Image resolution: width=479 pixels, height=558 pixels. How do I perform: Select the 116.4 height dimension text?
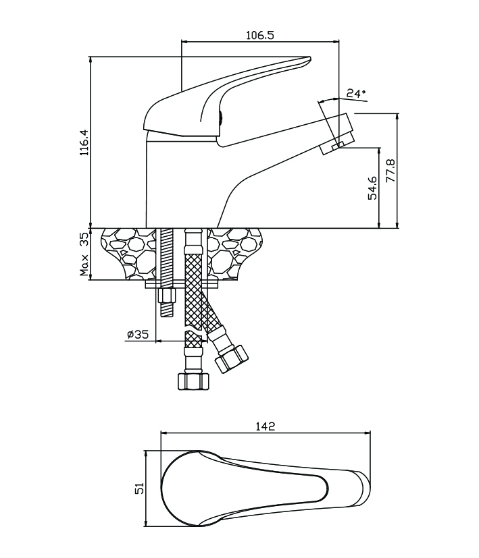point(84,143)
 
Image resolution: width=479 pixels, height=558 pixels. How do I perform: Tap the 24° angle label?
point(356,92)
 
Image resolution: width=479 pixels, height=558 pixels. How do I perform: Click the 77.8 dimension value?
point(390,173)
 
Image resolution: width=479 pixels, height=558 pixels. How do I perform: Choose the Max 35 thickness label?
point(84,254)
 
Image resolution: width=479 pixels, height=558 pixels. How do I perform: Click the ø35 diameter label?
point(137,333)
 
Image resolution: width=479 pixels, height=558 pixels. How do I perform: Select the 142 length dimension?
point(266,426)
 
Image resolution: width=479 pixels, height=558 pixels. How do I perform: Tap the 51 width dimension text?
point(140,488)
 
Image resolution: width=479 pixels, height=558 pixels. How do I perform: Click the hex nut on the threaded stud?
point(167,296)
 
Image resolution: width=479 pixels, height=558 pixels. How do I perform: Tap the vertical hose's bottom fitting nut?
point(193,381)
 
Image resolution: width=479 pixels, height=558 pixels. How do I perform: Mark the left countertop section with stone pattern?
point(128,254)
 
